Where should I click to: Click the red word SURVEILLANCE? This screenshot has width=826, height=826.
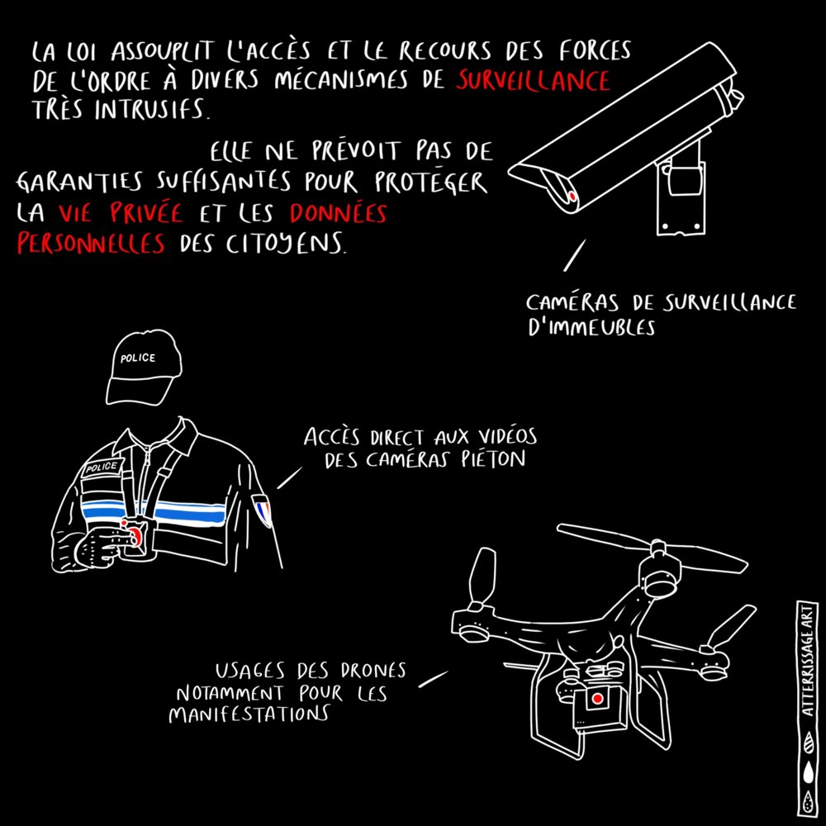[533, 81]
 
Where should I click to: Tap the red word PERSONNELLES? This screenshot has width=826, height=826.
[91, 244]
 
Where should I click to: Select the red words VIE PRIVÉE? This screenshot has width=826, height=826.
[121, 213]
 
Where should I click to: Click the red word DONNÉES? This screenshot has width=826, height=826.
[338, 213]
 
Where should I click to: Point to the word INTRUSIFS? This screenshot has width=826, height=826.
[151, 109]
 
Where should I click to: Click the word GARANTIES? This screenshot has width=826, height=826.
[79, 182]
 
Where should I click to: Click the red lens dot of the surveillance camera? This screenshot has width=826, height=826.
[572, 197]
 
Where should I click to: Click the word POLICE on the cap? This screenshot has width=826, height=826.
[138, 358]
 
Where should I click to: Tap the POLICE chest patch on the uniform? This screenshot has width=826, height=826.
[102, 467]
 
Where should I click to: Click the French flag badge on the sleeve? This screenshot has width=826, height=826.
[263, 510]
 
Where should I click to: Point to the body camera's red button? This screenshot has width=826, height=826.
[135, 538]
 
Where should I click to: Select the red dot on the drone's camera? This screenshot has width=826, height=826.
[597, 699]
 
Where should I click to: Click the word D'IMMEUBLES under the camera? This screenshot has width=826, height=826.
[591, 327]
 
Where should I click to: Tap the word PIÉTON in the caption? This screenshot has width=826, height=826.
[494, 459]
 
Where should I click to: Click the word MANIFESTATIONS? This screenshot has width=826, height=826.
[249, 714]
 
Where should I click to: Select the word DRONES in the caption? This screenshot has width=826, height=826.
[373, 670]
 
